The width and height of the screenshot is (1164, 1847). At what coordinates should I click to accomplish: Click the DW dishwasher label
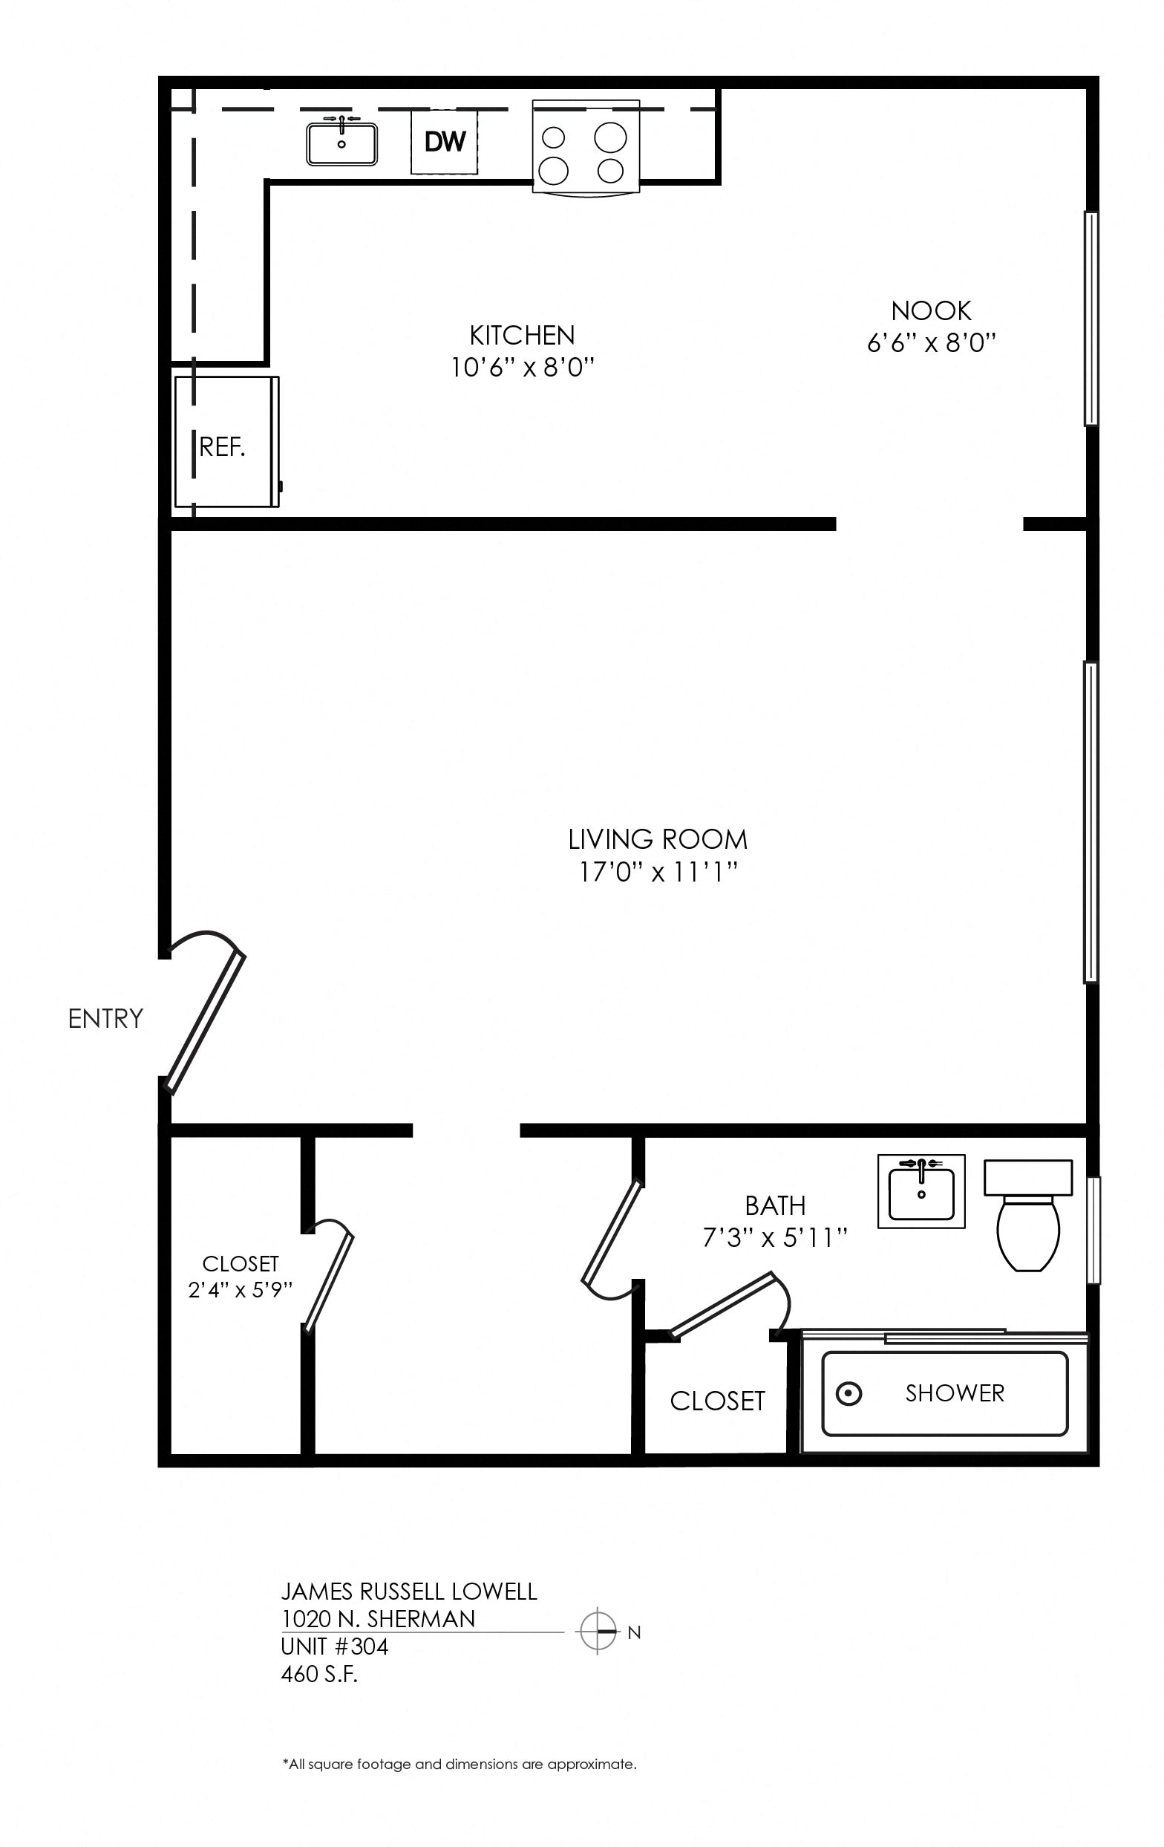coord(445,141)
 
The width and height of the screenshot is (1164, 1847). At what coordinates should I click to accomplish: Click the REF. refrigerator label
coord(223,446)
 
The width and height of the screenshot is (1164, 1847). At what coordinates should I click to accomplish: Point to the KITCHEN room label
coord(522,335)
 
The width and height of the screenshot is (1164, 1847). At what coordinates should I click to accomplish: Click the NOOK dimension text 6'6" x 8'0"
coord(931,342)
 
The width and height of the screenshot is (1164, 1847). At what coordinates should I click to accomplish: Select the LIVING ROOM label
coord(658,839)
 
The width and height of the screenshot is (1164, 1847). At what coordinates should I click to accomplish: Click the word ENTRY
coord(106,1019)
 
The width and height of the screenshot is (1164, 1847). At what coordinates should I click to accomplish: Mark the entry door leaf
coord(206,1023)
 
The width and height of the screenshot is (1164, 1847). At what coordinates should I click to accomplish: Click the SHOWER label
coord(955,1393)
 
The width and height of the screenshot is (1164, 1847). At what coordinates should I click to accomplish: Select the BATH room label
coord(775,1206)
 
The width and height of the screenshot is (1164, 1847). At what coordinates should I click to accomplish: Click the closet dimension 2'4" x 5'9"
coord(241,1289)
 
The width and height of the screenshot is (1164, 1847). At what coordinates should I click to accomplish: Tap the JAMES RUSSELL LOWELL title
coord(409,1592)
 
